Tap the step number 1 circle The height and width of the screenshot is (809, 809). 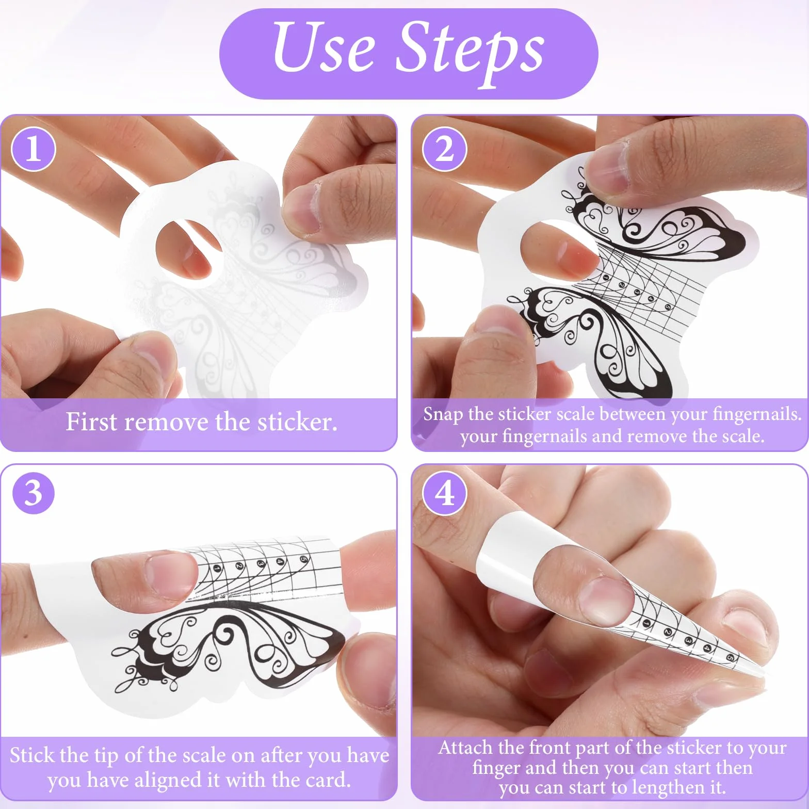[34, 149]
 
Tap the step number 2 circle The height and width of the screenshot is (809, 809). [444, 149]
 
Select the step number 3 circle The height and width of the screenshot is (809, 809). [34, 493]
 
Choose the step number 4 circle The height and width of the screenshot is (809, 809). [444, 493]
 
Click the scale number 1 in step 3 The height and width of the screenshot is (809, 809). [217, 569]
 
